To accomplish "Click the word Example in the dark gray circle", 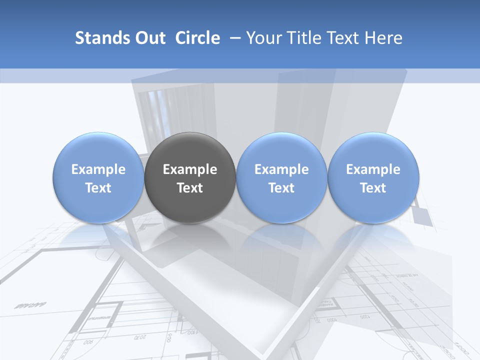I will [x=190, y=169].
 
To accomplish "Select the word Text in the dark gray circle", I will [x=190, y=188].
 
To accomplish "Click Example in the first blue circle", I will [x=98, y=169].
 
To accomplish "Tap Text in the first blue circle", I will [x=98, y=188].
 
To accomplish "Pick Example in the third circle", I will [x=281, y=169].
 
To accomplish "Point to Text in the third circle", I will [x=281, y=188].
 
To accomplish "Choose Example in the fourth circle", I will [x=373, y=169].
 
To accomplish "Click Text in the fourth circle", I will [x=373, y=188].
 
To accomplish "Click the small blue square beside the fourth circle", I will [x=421, y=215].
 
